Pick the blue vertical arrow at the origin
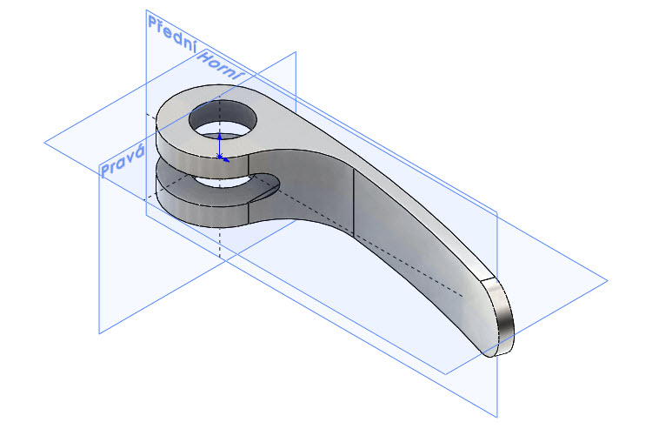(220, 143)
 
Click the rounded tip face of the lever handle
(499, 318)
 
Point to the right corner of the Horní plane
(606, 280)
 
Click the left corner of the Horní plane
(44, 140)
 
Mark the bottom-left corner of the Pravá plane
(99, 332)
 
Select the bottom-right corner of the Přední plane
(497, 415)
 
